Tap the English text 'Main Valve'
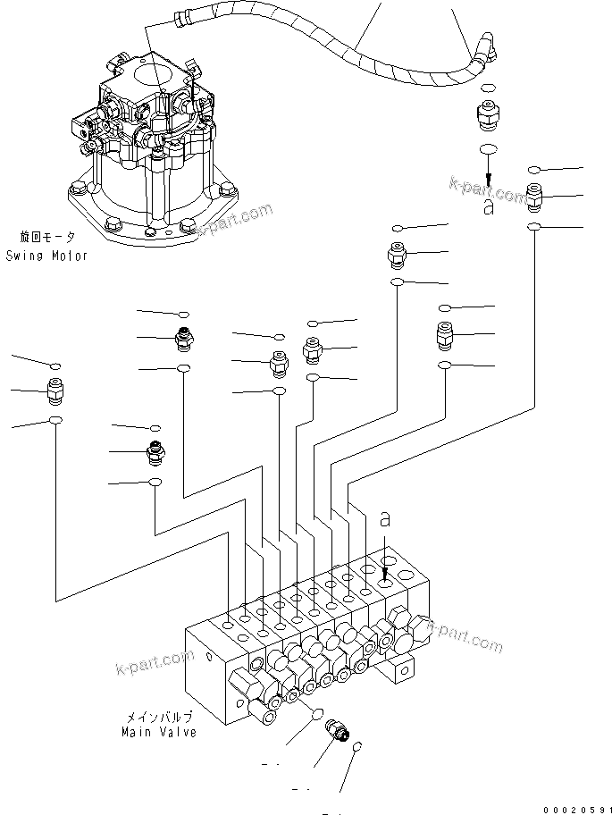[x=159, y=732]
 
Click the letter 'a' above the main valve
[x=385, y=518]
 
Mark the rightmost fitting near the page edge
[x=534, y=195]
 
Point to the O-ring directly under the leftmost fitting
[x=55, y=420]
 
